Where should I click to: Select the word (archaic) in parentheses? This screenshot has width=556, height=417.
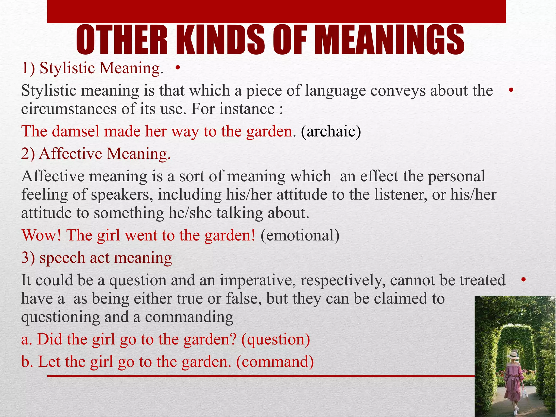(x=331, y=131)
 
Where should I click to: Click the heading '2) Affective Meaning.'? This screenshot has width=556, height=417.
(x=96, y=154)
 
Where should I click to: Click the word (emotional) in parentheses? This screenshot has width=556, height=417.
(x=300, y=235)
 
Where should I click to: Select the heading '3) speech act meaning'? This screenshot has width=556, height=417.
(x=97, y=258)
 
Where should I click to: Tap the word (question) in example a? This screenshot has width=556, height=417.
(x=275, y=339)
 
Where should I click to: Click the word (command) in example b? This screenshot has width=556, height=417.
(x=275, y=362)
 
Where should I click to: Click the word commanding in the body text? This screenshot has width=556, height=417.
(x=189, y=317)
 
